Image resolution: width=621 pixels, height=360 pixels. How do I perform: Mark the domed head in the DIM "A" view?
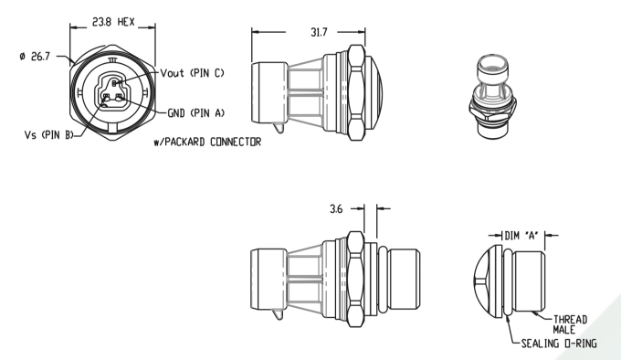(x=488, y=283)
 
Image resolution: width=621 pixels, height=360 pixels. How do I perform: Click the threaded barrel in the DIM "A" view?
(x=527, y=283)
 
